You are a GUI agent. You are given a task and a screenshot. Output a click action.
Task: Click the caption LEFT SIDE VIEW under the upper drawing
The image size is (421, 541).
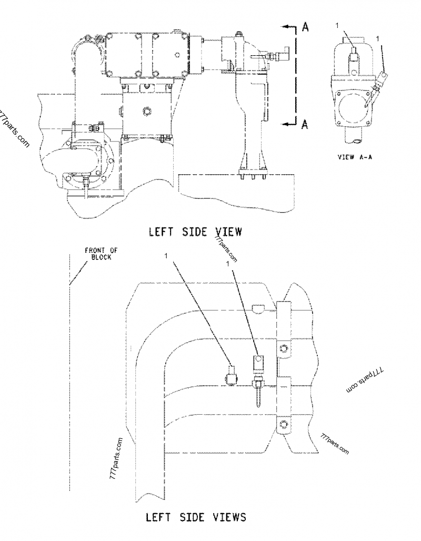(195, 232)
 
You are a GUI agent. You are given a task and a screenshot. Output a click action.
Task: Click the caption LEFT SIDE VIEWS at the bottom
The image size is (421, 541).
(195, 517)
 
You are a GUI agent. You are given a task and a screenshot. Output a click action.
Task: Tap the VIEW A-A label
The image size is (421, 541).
(354, 157)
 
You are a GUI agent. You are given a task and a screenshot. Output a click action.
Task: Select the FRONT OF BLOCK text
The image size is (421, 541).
(98, 254)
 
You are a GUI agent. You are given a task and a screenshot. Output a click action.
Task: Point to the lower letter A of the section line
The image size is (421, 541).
(305, 124)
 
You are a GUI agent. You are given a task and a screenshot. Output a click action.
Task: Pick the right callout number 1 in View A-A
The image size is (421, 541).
(378, 38)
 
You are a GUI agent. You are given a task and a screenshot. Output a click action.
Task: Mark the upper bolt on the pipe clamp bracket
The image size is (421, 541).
(284, 348)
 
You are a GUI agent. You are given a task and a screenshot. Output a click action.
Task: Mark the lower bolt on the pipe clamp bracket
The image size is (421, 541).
(284, 424)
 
